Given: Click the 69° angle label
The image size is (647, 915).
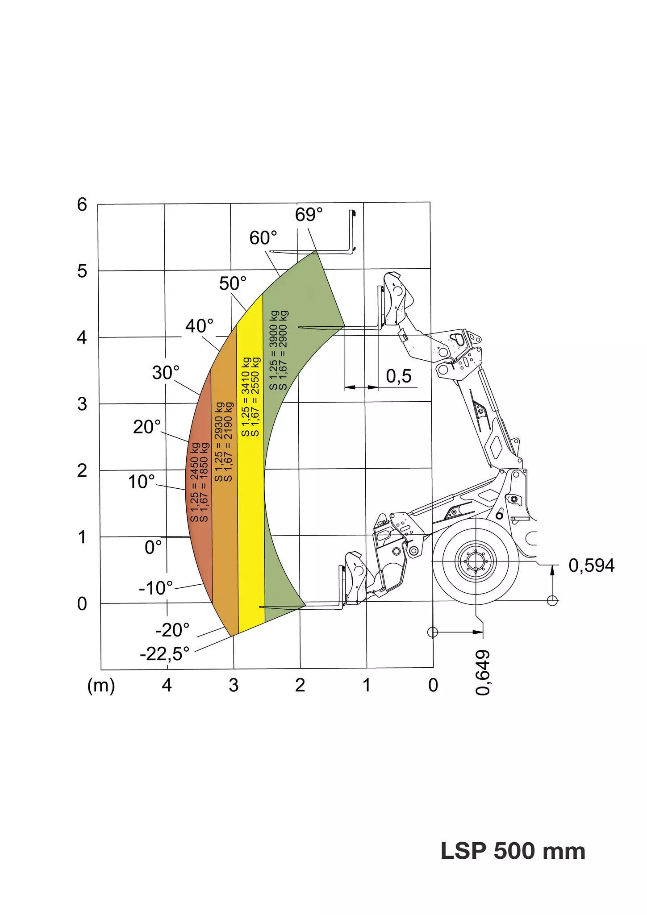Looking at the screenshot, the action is (x=309, y=215).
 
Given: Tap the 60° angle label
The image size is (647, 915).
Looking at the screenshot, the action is (x=263, y=238).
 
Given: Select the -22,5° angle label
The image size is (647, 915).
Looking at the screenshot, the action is (x=165, y=654).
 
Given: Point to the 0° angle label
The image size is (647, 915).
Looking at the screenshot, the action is (x=153, y=547).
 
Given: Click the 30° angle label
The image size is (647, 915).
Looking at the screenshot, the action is (x=166, y=373).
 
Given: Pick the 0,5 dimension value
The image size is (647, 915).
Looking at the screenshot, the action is (x=399, y=376).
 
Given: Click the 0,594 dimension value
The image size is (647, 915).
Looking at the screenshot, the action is (x=592, y=566).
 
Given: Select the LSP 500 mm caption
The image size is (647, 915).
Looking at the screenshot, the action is (x=513, y=851).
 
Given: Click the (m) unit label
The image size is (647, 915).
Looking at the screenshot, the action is (x=101, y=685).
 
